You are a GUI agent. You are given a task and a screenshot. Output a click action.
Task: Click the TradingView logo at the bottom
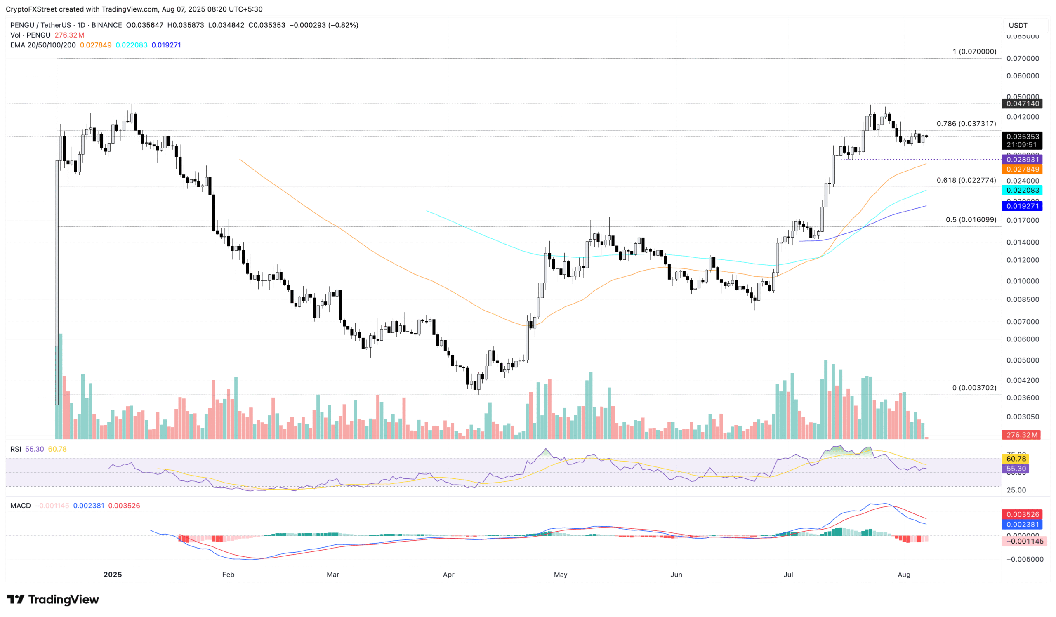pos(53,599)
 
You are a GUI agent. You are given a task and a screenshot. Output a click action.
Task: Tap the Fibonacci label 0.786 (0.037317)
pos(966,124)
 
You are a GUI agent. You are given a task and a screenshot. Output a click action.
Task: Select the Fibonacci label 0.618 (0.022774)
pos(966,180)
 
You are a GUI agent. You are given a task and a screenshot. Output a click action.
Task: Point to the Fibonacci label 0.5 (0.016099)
pos(971,219)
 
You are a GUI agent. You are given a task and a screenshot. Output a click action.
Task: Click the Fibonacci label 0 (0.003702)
pos(974,387)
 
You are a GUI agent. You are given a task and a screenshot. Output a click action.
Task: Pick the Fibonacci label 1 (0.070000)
pos(974,52)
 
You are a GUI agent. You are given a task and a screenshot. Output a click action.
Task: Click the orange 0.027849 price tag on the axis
pos(1023,169)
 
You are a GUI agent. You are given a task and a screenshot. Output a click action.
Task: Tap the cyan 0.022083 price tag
pos(1023,190)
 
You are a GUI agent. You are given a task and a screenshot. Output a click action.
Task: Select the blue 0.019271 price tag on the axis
pos(1023,206)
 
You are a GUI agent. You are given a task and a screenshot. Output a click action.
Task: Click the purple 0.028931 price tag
pos(1023,160)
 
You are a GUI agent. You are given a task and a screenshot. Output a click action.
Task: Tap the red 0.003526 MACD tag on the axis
pos(1023,514)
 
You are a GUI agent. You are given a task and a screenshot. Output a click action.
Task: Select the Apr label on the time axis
pos(448,574)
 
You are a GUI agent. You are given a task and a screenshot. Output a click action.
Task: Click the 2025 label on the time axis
pos(112,574)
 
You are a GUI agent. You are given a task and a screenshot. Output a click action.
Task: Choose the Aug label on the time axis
pos(904,574)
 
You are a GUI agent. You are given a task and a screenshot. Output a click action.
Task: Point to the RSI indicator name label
pos(16,449)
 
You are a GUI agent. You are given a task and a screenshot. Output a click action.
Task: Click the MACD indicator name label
pos(21,506)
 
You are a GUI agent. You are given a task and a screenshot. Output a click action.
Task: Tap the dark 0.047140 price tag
pos(1023,104)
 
